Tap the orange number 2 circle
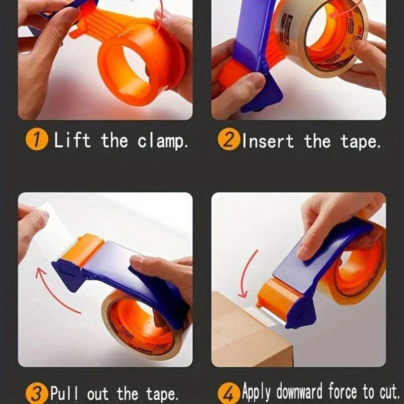(x=228, y=141)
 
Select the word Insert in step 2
(x=268, y=141)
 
